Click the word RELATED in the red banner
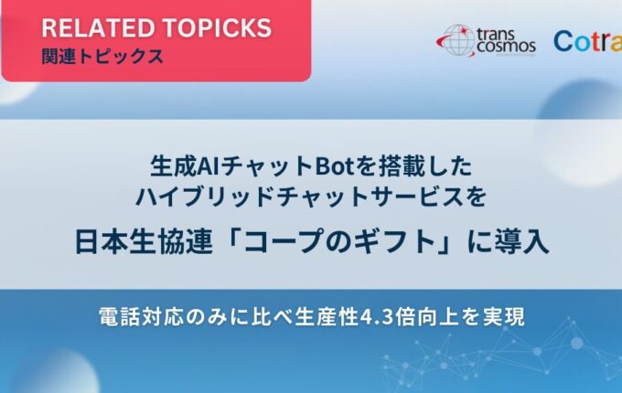click(99, 27)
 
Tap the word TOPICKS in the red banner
click(217, 27)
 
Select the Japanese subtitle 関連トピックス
click(102, 57)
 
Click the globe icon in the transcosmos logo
click(458, 40)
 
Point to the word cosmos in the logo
click(506, 46)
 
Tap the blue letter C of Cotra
click(563, 42)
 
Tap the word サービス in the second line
click(415, 196)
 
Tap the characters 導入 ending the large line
click(522, 242)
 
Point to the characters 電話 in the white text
click(117, 317)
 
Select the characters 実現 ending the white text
click(505, 317)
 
